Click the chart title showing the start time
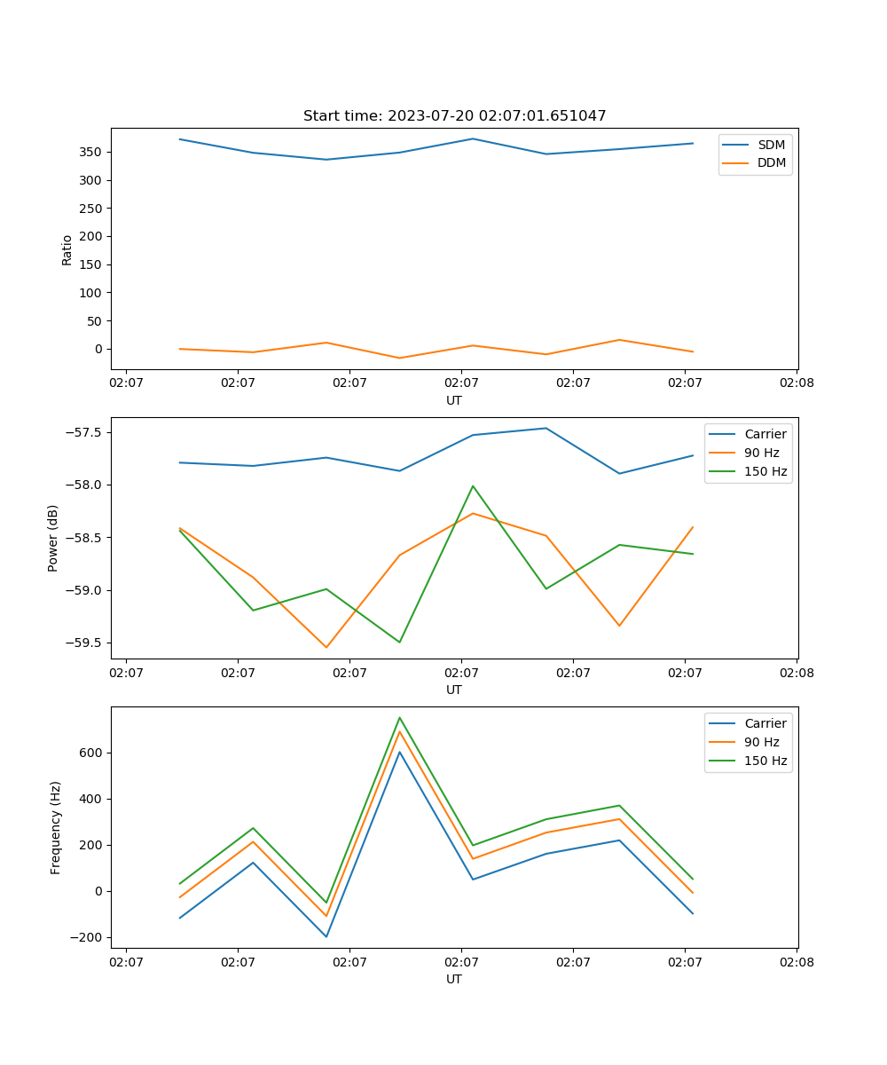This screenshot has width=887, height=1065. pyautogui.click(x=454, y=116)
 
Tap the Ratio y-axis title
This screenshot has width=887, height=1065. pyautogui.click(x=67, y=249)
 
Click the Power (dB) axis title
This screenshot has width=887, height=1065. pyautogui.click(x=53, y=538)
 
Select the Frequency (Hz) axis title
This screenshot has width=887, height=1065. pyautogui.click(x=55, y=827)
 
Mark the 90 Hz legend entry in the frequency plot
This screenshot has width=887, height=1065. pyautogui.click(x=761, y=742)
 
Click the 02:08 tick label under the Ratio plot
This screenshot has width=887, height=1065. pyautogui.click(x=797, y=383)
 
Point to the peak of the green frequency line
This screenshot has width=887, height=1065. pyautogui.click(x=399, y=717)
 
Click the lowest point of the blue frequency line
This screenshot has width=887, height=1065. pyautogui.click(x=326, y=936)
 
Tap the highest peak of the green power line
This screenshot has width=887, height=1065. pyautogui.click(x=473, y=485)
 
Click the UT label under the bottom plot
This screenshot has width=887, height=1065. pyautogui.click(x=454, y=979)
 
